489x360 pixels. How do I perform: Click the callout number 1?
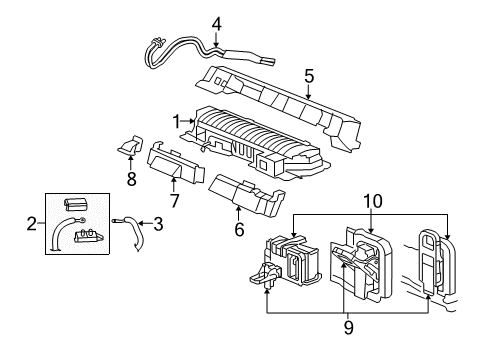pyautogui.click(x=177, y=122)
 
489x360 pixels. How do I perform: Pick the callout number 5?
pyautogui.click(x=308, y=74)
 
